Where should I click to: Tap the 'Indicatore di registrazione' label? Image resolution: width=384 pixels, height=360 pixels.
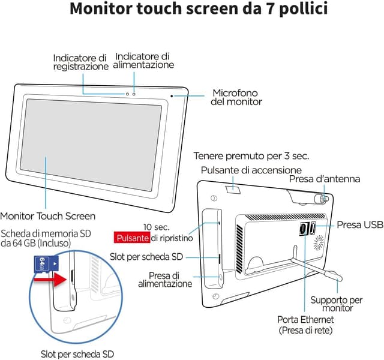tap(80, 62)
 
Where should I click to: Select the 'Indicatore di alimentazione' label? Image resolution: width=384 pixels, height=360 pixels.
tap(144, 60)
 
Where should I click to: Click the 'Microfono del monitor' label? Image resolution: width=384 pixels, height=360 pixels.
tap(236, 97)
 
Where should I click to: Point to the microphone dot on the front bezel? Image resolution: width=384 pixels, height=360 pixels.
tap(172, 95)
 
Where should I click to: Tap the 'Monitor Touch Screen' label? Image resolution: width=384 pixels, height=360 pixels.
tap(47, 216)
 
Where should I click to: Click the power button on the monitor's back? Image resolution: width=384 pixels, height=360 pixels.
tap(233, 190)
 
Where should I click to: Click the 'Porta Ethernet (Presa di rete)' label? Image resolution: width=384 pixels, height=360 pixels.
tap(305, 325)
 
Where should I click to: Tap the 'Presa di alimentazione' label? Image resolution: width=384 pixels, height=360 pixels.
tap(171, 279)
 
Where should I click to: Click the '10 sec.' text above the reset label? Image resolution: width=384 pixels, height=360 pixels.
tap(157, 227)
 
